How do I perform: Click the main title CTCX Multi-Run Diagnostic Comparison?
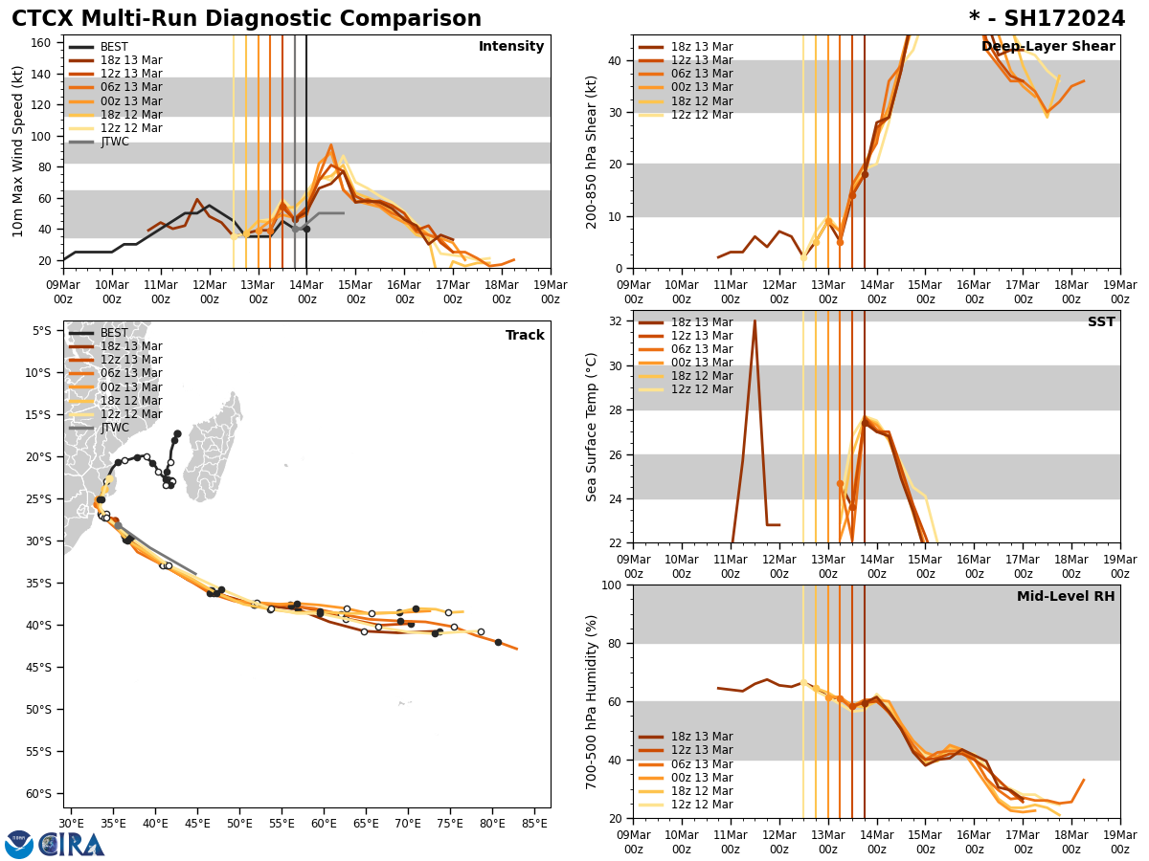pyautogui.click(x=246, y=19)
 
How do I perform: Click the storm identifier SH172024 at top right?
pyautogui.click(x=1047, y=19)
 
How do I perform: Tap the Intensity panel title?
pyautogui.click(x=510, y=47)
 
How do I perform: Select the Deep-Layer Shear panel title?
pyautogui.click(x=1048, y=47)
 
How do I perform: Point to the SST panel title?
pyautogui.click(x=1100, y=322)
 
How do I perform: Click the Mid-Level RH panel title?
pyautogui.click(x=1065, y=597)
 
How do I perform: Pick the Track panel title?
pyautogui.click(x=525, y=336)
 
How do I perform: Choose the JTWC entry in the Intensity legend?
pyautogui.click(x=114, y=142)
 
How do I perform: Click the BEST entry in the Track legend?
pyautogui.click(x=114, y=333)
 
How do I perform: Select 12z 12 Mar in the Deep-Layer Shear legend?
pyautogui.click(x=700, y=115)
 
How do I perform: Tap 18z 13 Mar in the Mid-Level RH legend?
pyautogui.click(x=700, y=737)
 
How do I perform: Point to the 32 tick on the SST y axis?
pyautogui.click(x=617, y=321)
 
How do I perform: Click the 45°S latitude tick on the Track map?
pyautogui.click(x=42, y=667)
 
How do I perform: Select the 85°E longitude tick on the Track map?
pyautogui.click(x=534, y=823)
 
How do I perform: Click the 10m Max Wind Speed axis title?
pyautogui.click(x=18, y=151)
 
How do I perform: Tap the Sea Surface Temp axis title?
pyautogui.click(x=592, y=427)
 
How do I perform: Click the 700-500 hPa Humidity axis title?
pyautogui.click(x=592, y=701)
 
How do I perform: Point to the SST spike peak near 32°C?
pyautogui.click(x=755, y=321)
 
